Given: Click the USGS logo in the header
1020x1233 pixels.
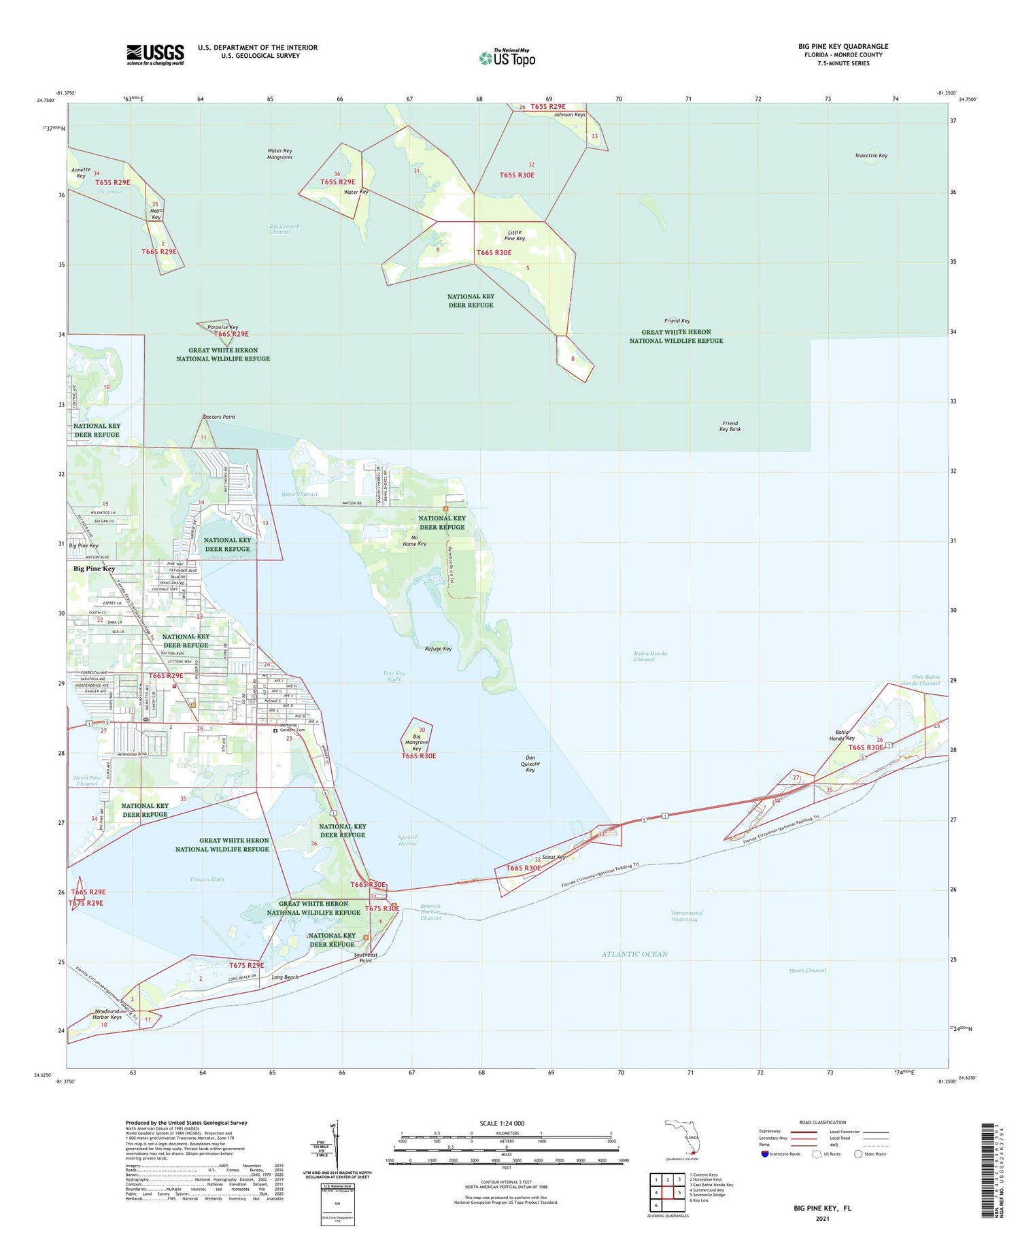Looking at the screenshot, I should click(x=155, y=54).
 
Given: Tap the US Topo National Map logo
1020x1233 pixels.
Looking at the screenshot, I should click(x=507, y=58).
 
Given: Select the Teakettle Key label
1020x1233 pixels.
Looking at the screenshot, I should click(x=870, y=156).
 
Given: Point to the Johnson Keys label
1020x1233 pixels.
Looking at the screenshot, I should click(x=569, y=115).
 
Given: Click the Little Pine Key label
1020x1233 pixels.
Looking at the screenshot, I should click(x=514, y=235).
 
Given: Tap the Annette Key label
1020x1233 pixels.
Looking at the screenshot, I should click(x=80, y=173).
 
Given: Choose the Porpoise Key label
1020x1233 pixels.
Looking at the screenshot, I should click(x=222, y=327).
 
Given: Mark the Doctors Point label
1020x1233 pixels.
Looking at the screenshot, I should click(x=219, y=417).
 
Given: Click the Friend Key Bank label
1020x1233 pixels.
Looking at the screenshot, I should click(x=730, y=426).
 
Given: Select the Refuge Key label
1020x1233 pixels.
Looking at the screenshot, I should click(x=438, y=649).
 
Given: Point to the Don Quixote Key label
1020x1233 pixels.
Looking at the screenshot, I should click(x=530, y=764).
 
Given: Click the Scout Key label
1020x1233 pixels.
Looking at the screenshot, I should click(x=554, y=858).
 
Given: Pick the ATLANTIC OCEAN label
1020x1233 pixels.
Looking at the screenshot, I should click(x=634, y=954).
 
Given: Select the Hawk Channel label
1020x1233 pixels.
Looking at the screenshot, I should click(x=807, y=970).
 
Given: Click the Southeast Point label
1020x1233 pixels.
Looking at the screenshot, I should click(x=366, y=958).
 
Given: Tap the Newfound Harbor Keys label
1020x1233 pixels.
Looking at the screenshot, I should click(x=107, y=1014).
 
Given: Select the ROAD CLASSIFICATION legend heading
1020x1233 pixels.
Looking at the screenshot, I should click(x=822, y=1122).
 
